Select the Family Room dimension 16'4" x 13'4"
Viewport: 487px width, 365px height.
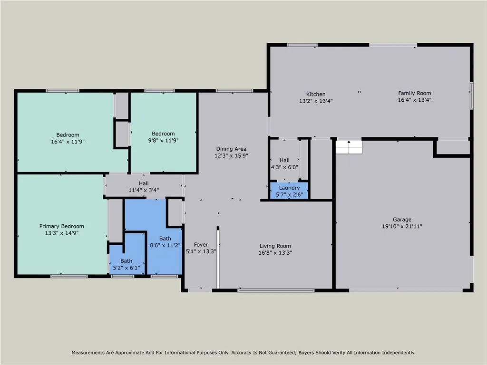pyautogui.click(x=414, y=100)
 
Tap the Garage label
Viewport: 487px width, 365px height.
pyautogui.click(x=402, y=220)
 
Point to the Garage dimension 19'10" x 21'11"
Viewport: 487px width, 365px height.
pyautogui.click(x=402, y=226)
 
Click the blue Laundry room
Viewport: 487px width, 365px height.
pyautogui.click(x=289, y=191)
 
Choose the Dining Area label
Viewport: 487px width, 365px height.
pyautogui.click(x=231, y=149)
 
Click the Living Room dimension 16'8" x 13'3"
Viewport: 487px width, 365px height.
pyautogui.click(x=275, y=253)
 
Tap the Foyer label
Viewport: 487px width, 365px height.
pyautogui.click(x=201, y=245)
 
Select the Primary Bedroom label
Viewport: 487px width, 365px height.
pyautogui.click(x=61, y=226)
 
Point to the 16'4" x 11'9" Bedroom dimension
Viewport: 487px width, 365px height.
pyautogui.click(x=68, y=141)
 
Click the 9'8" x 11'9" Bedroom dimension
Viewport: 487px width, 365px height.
pyautogui.click(x=163, y=140)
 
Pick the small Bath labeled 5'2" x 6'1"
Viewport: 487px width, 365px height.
pyautogui.click(x=126, y=264)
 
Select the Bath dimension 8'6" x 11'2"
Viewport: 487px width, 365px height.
pyautogui.click(x=165, y=245)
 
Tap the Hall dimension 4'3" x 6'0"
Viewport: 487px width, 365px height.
pyautogui.click(x=284, y=167)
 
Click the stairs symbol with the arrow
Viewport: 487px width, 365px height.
pyautogui.click(x=349, y=146)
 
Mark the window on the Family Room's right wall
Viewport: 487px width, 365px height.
pyautogui.click(x=471, y=96)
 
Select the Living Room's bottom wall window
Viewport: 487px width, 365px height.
pyautogui.click(x=276, y=290)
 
